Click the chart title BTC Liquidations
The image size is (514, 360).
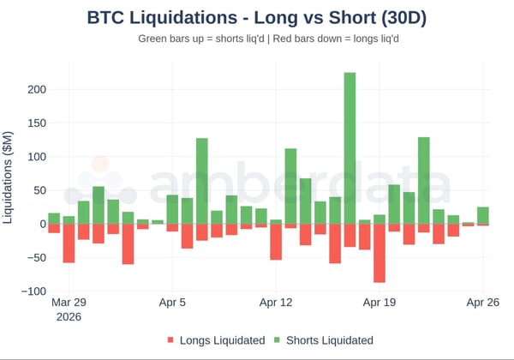257,17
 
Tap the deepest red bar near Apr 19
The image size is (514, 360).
379,253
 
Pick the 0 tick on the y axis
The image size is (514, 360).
39,225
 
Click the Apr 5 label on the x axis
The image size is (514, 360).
172,303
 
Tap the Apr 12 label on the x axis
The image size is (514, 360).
276,303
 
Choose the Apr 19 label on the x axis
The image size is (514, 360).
379,303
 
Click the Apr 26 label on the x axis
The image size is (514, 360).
482,303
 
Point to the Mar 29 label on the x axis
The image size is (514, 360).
69,303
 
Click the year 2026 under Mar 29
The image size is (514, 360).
69,317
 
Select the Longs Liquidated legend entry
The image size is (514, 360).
216,340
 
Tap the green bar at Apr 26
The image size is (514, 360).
483,215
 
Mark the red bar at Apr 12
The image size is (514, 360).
276,242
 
